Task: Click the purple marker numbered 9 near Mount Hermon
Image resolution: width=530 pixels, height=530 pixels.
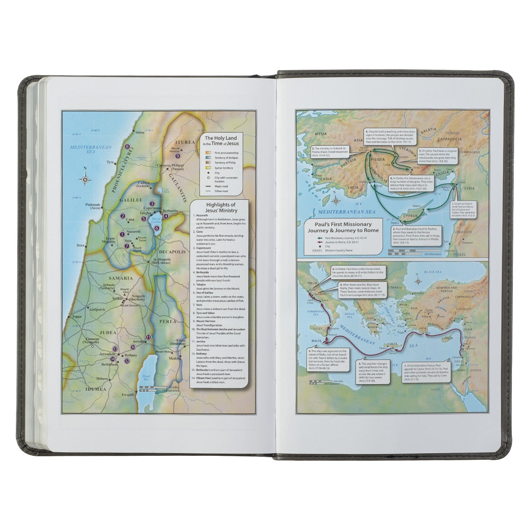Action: (x=178, y=156)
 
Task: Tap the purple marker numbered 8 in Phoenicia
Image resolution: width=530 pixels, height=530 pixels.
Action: (x=127, y=147)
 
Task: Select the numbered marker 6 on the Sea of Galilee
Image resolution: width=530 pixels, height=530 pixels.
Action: (x=157, y=228)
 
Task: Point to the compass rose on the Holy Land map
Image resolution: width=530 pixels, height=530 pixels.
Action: (x=85, y=179)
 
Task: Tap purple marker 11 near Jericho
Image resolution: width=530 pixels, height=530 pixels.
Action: (x=148, y=337)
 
